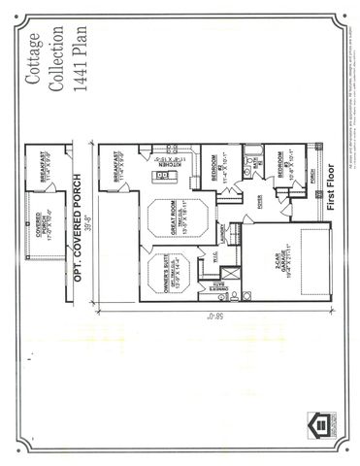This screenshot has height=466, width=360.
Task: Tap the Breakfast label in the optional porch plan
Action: pyautogui.click(x=46, y=165)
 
